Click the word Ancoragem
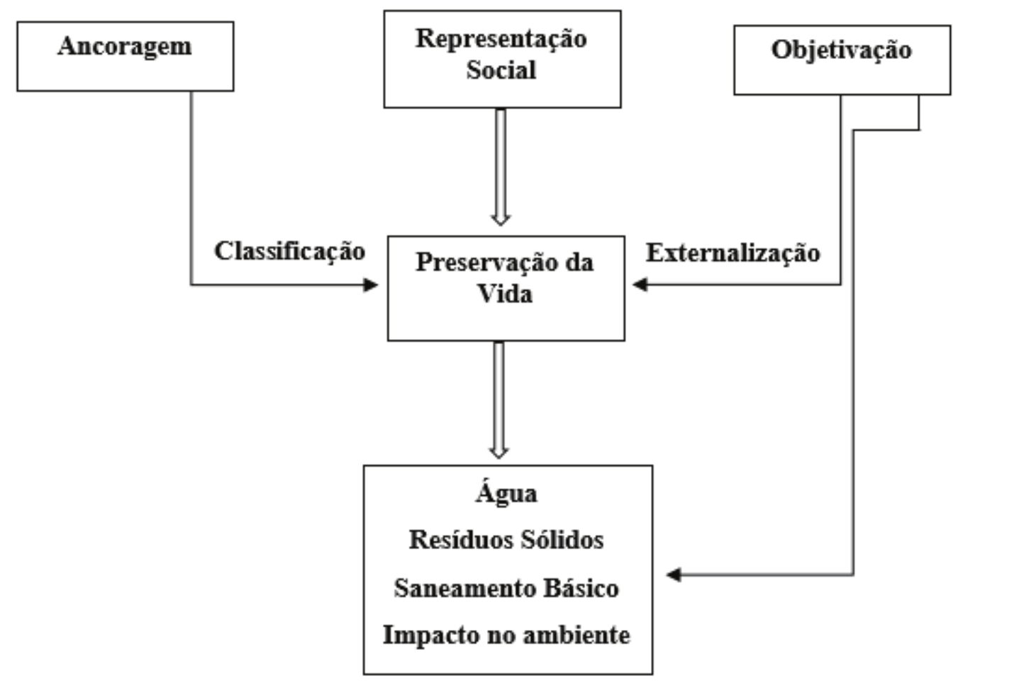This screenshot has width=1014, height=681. pyautogui.click(x=125, y=46)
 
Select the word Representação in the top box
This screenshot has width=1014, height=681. pyautogui.click(x=501, y=38)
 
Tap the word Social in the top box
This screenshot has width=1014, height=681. pyautogui.click(x=501, y=70)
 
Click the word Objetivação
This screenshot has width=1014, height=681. pyautogui.click(x=841, y=50)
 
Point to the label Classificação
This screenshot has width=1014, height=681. pyautogui.click(x=289, y=251)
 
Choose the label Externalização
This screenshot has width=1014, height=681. pyautogui.click(x=732, y=253)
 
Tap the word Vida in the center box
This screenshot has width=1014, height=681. pyautogui.click(x=504, y=293)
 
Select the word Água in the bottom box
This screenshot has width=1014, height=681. pyautogui.click(x=506, y=493)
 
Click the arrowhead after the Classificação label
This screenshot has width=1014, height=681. pyautogui.click(x=371, y=285)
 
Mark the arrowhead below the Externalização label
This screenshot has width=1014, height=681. pyautogui.click(x=640, y=284)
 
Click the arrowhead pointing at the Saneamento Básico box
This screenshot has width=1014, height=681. pyautogui.click(x=674, y=575)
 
